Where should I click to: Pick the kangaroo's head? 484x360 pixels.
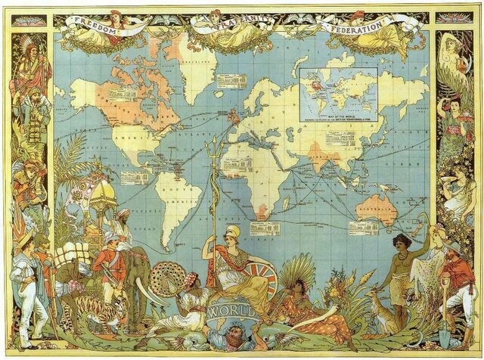(368, 290)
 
